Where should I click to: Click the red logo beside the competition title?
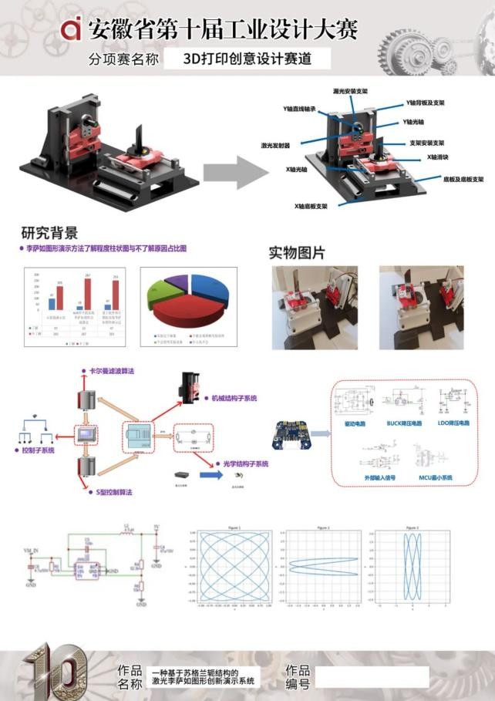71,29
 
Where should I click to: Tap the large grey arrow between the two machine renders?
244,171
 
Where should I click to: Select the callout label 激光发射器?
275,145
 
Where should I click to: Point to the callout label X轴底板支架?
311,207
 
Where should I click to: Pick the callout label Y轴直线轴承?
300,110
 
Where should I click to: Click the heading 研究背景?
49,234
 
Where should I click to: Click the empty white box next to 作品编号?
371,677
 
